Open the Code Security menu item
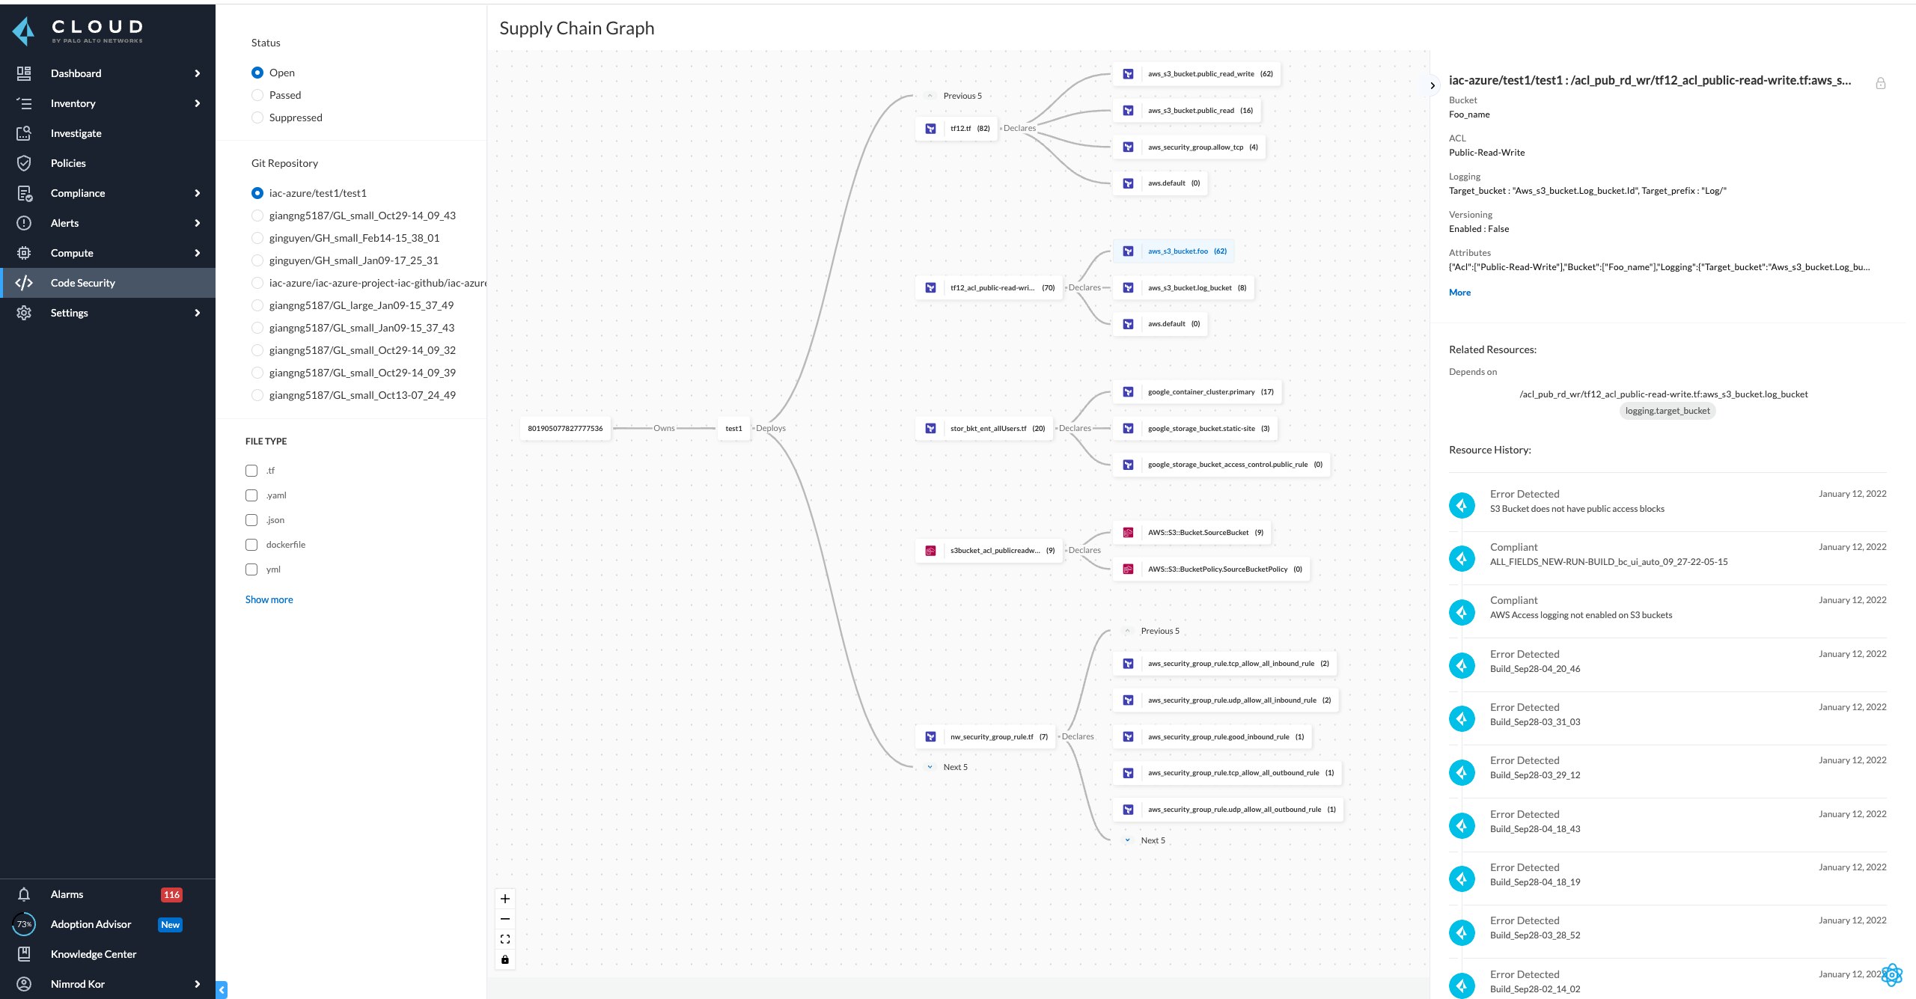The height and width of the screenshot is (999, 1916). (82, 283)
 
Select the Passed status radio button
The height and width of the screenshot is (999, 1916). (257, 95)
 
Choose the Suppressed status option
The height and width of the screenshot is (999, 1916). (257, 117)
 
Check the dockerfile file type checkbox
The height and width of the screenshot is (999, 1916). (251, 545)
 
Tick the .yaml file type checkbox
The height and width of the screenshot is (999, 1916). (251, 495)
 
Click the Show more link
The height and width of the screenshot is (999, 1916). (269, 599)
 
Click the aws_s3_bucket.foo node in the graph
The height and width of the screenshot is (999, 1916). (1177, 251)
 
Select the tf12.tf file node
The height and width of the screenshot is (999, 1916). (959, 129)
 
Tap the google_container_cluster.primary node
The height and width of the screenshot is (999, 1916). (1200, 392)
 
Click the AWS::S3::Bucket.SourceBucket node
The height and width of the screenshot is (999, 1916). (1197, 533)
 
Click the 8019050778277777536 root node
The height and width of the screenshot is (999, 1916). (565, 428)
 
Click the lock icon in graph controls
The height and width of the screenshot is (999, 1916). (505, 959)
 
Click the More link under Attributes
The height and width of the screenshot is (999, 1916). (1459, 293)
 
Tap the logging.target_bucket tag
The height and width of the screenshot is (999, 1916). (1667, 411)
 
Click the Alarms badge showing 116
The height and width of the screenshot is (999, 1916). (171, 894)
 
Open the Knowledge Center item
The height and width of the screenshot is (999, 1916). (93, 954)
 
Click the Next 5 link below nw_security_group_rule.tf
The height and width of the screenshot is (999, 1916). (954, 767)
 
